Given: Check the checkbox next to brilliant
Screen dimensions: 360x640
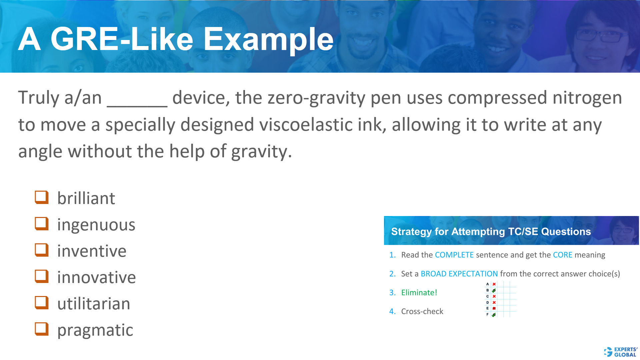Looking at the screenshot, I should (42, 197).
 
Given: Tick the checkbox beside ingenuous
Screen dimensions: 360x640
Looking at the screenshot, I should (42, 224).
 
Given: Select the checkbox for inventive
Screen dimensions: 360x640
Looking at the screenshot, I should (42, 250).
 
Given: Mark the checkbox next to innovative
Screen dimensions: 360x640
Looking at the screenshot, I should (42, 276).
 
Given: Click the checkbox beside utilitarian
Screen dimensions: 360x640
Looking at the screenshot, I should (42, 303).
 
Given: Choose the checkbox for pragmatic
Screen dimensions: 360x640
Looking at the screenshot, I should (42, 329).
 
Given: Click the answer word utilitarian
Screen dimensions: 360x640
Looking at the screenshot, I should (94, 304).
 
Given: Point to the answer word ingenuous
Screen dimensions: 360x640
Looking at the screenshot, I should (96, 225).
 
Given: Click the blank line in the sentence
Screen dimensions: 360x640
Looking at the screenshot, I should (137, 100).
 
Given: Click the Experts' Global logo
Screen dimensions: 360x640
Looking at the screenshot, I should (620, 352).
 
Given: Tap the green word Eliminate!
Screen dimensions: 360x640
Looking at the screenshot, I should (419, 293).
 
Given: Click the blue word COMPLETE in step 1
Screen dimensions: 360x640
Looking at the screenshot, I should (454, 255).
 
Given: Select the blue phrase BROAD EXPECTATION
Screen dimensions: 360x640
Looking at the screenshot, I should (459, 274).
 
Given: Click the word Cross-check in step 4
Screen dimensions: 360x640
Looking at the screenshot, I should (422, 312).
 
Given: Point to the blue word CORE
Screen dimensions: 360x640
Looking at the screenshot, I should (562, 255).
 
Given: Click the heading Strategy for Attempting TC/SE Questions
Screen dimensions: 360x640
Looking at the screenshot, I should (491, 232).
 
